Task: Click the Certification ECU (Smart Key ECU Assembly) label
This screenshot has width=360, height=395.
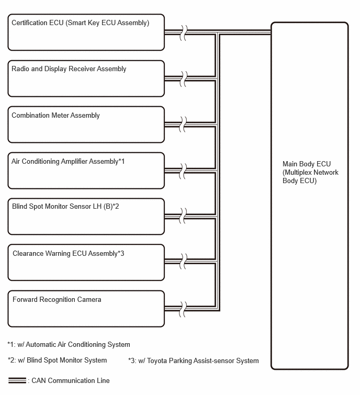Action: click(x=81, y=23)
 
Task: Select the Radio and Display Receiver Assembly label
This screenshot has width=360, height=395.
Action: click(x=69, y=69)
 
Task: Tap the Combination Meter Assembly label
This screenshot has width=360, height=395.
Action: click(x=55, y=116)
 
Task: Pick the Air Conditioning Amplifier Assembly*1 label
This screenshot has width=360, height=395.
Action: click(x=68, y=162)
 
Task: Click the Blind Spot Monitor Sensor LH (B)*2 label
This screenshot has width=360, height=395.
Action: click(x=65, y=207)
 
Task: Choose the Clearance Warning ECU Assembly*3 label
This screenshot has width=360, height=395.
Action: click(x=68, y=253)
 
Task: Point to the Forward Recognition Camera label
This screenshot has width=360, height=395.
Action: click(x=57, y=300)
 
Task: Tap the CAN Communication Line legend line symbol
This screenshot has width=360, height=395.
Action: click(x=17, y=380)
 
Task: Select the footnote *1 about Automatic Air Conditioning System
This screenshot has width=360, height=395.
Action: click(x=69, y=344)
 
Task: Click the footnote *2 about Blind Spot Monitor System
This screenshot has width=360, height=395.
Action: click(x=57, y=360)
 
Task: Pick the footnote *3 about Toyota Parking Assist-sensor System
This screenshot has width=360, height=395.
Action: click(x=194, y=361)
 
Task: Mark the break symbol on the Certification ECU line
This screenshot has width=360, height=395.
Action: click(x=183, y=33)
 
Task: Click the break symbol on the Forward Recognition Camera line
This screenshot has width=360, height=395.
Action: click(x=183, y=309)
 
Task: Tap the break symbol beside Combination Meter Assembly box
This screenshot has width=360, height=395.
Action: click(x=183, y=125)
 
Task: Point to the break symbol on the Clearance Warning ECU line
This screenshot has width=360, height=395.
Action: click(x=183, y=261)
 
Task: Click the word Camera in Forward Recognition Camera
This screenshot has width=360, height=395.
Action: click(x=89, y=300)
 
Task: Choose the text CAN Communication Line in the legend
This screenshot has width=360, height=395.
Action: click(x=71, y=380)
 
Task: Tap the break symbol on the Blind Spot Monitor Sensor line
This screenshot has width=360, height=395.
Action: click(x=183, y=216)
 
